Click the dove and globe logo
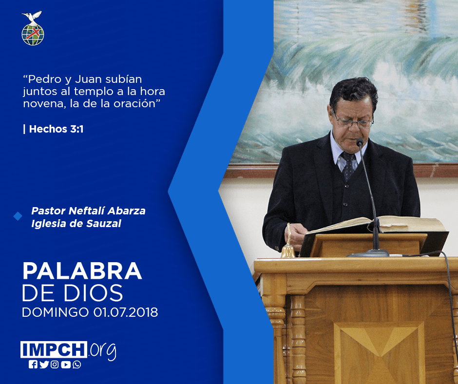(x=33, y=28)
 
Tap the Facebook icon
(x=33, y=365)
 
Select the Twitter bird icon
(x=44, y=365)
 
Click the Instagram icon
(x=55, y=365)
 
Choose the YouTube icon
(x=66, y=365)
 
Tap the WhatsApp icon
(x=77, y=365)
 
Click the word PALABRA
(x=82, y=271)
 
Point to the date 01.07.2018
(x=126, y=312)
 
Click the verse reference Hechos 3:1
(x=56, y=129)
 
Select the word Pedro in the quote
(x=45, y=79)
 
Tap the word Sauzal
(x=104, y=224)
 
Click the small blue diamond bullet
(x=18, y=216)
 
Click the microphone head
(x=360, y=143)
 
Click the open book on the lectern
(x=377, y=225)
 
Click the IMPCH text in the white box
(x=54, y=349)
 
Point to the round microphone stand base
(x=369, y=253)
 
